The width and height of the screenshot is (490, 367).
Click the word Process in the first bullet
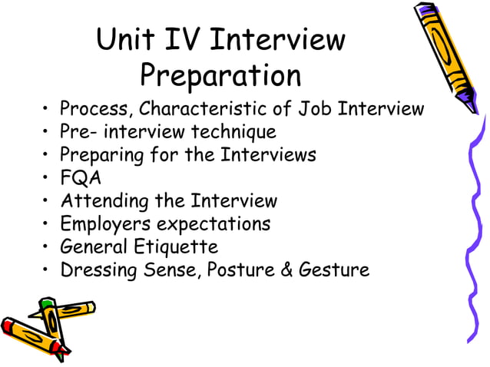(92, 109)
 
